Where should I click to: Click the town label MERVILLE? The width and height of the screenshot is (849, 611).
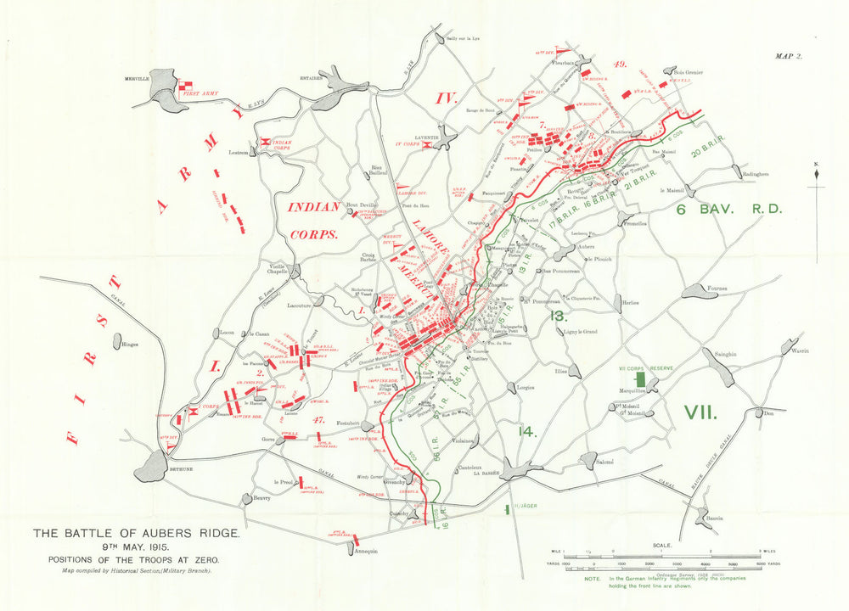(137, 78)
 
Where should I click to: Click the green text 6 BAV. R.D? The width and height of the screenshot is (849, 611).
(728, 208)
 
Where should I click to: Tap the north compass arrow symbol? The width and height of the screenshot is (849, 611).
(816, 173)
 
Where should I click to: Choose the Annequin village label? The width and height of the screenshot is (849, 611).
(364, 550)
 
